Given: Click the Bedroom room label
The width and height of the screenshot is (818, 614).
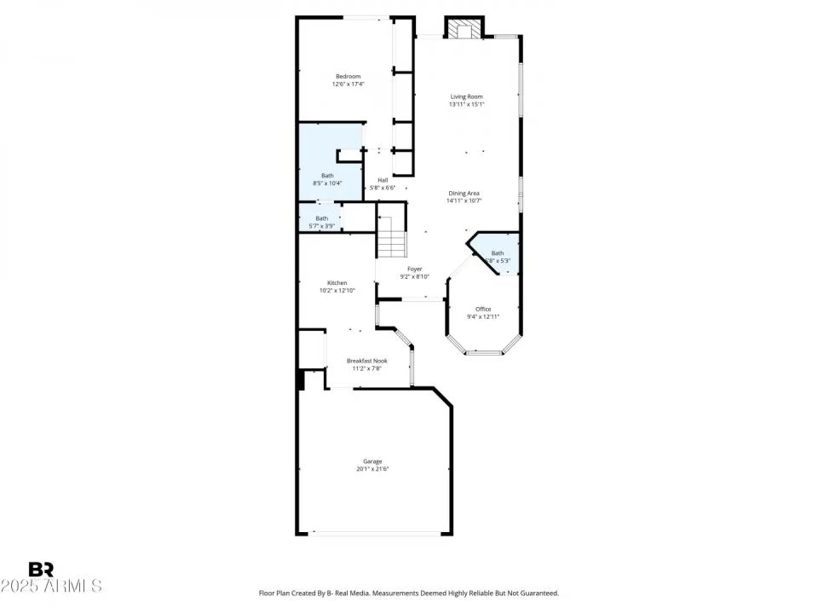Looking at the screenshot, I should [348, 77].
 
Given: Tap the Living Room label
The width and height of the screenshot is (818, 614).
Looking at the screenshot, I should [466, 97].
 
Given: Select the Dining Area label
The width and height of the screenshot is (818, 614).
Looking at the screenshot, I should [464, 194].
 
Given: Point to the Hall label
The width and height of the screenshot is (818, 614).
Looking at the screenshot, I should [383, 180].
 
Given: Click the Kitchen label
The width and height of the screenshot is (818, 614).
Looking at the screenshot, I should [337, 283].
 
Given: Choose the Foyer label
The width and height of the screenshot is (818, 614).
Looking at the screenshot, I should [414, 269].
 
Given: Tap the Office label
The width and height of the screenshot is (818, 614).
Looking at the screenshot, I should [483, 309].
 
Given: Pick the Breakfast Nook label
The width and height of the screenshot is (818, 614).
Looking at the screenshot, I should [366, 361].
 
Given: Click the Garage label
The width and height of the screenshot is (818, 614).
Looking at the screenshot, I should [373, 461].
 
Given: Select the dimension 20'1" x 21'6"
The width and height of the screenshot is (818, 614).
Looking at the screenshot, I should [373, 469].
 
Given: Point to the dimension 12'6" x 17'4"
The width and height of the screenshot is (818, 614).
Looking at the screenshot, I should [348, 84].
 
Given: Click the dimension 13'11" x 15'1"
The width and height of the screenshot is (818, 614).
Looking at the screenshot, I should [466, 105].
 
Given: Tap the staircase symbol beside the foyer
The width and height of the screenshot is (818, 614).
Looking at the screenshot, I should [391, 236].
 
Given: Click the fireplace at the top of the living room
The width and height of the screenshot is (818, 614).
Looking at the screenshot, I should [464, 29].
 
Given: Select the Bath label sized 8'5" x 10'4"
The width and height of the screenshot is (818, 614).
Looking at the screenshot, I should [328, 176].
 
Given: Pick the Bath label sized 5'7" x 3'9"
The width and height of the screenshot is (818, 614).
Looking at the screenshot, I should [321, 218].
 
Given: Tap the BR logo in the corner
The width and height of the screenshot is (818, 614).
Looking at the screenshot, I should [41, 570].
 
